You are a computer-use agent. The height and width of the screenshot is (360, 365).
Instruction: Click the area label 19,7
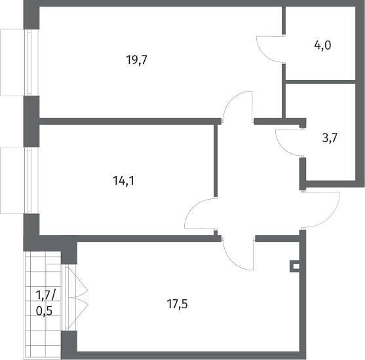point(137,60)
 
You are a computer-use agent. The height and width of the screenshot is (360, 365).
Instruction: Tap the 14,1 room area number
point(124,181)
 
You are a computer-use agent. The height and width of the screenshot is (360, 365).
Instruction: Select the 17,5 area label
point(177,304)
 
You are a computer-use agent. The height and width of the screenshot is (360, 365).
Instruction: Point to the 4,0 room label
point(322,46)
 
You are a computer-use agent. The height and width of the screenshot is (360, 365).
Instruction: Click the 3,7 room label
point(330,138)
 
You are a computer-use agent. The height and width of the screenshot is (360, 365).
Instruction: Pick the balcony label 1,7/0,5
point(46,303)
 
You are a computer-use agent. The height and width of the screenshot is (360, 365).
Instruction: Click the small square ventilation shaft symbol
point(295,266)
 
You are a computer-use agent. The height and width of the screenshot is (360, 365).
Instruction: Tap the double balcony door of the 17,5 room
point(75,297)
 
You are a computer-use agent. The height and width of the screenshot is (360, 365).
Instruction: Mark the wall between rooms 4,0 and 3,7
point(320,82)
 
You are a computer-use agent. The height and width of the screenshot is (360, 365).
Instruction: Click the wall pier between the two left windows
point(31,121)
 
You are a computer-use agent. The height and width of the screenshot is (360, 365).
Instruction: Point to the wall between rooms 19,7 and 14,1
point(130,121)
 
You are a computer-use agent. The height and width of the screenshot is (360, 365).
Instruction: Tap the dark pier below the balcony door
point(69,342)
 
